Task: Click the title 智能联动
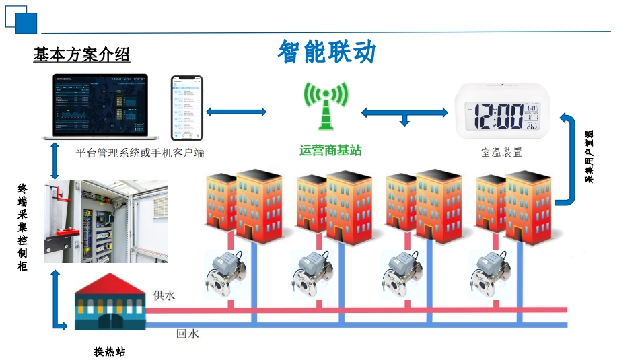pyautogui.click(x=326, y=52)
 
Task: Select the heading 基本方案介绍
pyautogui.click(x=81, y=55)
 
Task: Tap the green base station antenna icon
pyautogui.click(x=326, y=106)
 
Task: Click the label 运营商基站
pyautogui.click(x=330, y=151)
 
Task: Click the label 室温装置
pyautogui.click(x=501, y=153)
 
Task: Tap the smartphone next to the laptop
pyautogui.click(x=186, y=107)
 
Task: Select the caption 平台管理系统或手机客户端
pyautogui.click(x=140, y=153)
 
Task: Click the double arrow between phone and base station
pyautogui.click(x=236, y=112)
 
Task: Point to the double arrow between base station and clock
pyautogui.click(x=404, y=113)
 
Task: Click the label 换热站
pyautogui.click(x=109, y=351)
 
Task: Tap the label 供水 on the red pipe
pyautogui.click(x=164, y=295)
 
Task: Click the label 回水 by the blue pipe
pyautogui.click(x=187, y=333)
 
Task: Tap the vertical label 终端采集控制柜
pyautogui.click(x=23, y=227)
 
